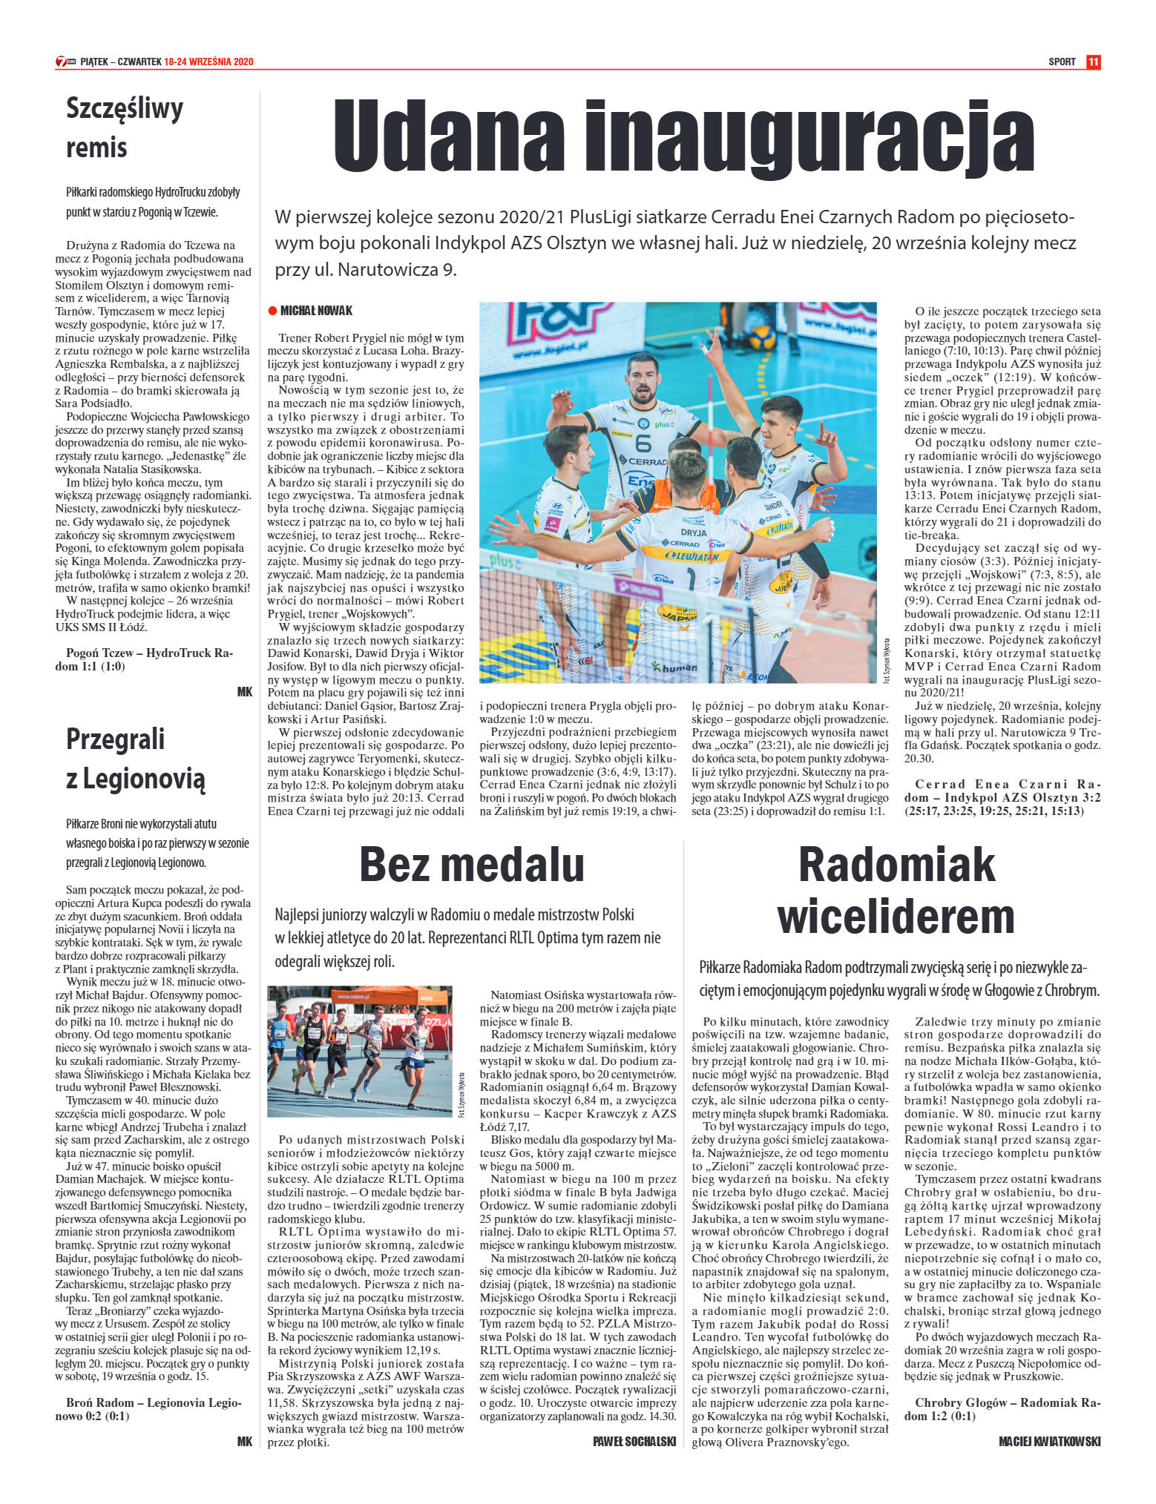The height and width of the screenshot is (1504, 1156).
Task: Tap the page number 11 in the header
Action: click(1093, 62)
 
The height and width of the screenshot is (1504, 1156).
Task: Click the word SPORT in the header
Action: click(1062, 62)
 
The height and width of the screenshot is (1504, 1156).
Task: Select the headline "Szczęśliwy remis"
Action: click(125, 128)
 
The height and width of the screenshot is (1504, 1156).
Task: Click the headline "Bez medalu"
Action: click(471, 865)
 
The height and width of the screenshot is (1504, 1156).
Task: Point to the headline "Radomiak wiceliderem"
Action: click(896, 891)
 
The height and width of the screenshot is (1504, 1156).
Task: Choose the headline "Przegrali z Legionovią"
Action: click(135, 759)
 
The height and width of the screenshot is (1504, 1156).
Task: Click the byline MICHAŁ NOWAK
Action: click(316, 311)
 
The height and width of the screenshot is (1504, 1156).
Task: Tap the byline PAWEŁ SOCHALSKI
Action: click(634, 1441)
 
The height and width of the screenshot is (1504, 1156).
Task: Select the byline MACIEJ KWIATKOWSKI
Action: click(1049, 1441)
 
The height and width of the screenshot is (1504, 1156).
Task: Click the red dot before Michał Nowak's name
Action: click(272, 311)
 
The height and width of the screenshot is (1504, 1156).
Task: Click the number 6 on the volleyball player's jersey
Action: click(643, 443)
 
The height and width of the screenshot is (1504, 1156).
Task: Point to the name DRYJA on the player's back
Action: click(693, 532)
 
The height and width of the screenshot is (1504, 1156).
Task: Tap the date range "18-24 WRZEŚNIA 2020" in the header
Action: click(208, 62)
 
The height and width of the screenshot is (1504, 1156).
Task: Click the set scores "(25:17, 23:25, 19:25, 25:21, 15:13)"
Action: click(994, 811)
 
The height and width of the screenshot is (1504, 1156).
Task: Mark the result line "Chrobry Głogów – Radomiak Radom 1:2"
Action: click(1002, 1409)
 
